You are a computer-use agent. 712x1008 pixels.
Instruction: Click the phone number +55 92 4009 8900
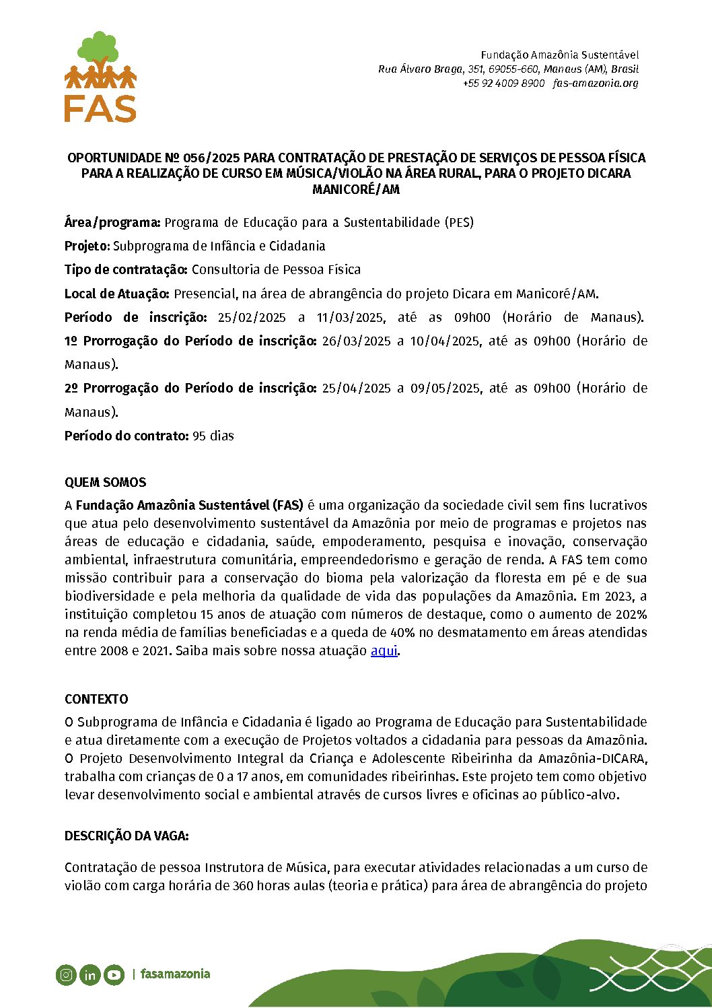(x=503, y=83)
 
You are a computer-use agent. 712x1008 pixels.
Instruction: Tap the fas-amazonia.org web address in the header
(x=596, y=83)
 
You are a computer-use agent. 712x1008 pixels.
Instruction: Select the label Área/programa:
(x=112, y=223)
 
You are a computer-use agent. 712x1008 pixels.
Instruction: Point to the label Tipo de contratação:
(x=126, y=270)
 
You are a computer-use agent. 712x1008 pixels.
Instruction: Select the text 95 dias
(x=213, y=436)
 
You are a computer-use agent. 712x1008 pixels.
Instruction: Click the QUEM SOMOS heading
(x=105, y=483)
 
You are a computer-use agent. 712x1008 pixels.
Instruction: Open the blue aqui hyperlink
(x=384, y=651)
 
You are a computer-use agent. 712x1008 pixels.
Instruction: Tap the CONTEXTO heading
(x=96, y=700)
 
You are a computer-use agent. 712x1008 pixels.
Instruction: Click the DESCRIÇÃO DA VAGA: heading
(x=127, y=836)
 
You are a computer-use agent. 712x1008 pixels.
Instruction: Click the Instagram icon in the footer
(x=66, y=974)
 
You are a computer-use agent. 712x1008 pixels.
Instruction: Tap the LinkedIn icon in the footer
(x=90, y=974)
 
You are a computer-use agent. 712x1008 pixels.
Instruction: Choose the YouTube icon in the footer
(x=114, y=974)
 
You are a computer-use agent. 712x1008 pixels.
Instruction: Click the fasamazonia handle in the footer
(x=176, y=974)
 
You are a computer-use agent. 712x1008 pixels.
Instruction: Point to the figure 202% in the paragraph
(x=631, y=615)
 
